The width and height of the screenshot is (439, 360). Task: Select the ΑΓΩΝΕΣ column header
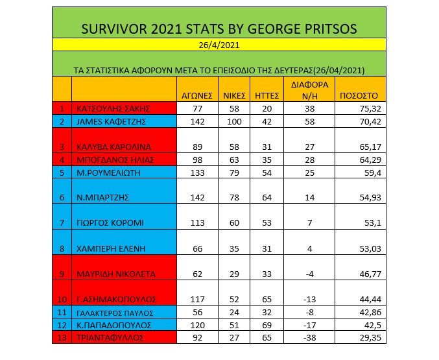click(x=196, y=95)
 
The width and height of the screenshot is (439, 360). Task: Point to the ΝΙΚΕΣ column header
click(x=233, y=95)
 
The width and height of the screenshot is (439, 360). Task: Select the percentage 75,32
click(x=372, y=108)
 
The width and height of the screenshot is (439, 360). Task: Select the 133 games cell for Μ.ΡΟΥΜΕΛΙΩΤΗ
click(x=196, y=173)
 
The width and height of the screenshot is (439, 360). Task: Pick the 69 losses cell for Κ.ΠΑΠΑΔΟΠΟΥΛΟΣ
click(x=267, y=324)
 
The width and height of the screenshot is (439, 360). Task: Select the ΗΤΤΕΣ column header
click(x=267, y=95)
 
